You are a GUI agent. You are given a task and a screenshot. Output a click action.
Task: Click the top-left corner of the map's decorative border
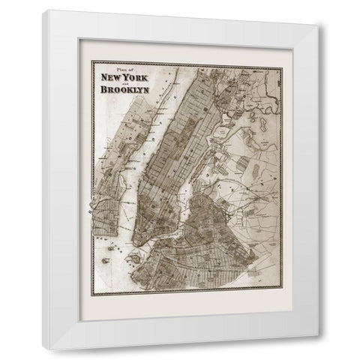[89, 61]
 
